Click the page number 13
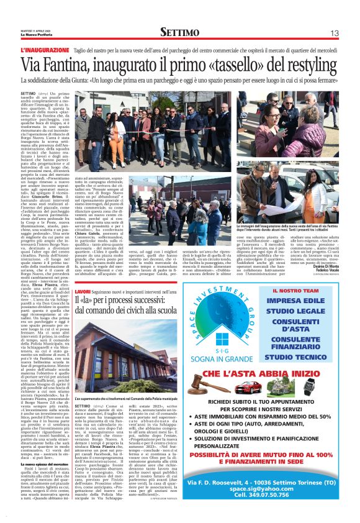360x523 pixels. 333,32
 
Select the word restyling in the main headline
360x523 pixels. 307,63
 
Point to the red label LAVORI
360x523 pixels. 83,292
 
